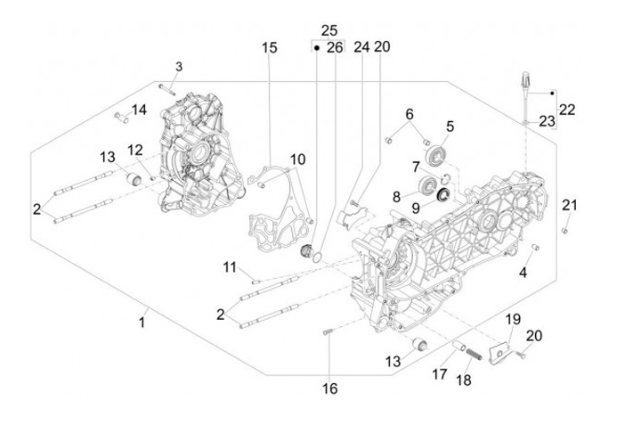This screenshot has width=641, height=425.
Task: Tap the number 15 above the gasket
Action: (x=270, y=48)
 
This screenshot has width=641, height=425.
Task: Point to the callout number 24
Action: (x=361, y=47)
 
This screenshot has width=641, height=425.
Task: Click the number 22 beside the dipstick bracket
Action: (x=567, y=110)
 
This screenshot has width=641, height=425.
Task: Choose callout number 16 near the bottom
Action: (x=329, y=389)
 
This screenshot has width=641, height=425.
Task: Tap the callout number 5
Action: (x=450, y=127)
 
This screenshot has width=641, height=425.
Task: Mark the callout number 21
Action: (x=570, y=206)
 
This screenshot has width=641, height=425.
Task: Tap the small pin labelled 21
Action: (x=564, y=231)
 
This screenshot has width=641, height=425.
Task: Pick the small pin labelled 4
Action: (x=535, y=247)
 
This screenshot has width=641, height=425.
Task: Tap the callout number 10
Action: (x=297, y=159)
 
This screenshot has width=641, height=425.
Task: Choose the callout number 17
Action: (x=439, y=375)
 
